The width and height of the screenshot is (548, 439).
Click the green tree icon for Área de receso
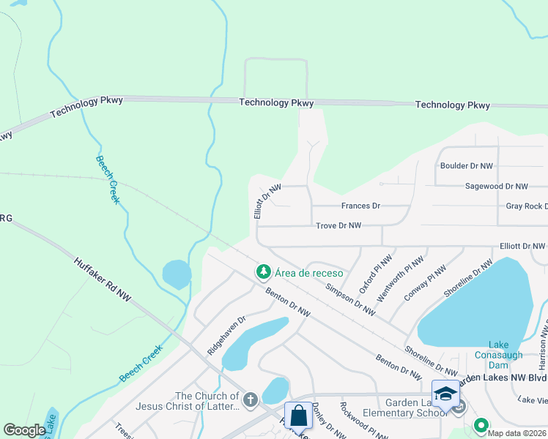point(263,272)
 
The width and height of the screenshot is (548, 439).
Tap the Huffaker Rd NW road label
point(103,279)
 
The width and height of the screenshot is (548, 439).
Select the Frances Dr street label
point(360,206)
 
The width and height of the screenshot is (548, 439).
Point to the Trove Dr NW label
point(338,225)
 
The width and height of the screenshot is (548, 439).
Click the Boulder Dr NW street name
point(466,166)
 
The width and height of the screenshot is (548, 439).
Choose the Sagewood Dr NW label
point(496,187)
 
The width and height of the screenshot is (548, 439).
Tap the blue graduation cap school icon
point(445,394)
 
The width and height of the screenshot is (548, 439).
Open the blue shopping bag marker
point(298,416)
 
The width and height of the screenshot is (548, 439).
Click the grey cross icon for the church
point(250,399)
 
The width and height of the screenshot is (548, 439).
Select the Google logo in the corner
point(24,430)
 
